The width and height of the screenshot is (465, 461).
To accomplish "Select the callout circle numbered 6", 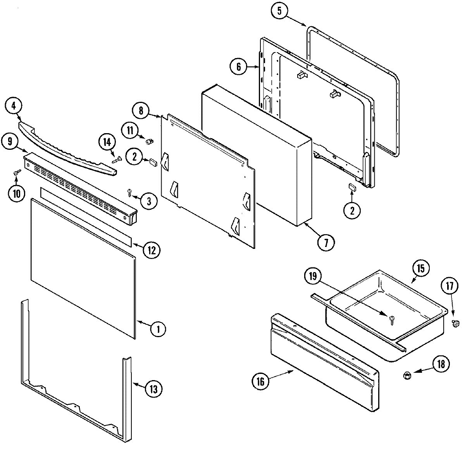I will point(238,67).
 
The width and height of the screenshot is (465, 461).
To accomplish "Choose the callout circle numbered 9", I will point(10,142).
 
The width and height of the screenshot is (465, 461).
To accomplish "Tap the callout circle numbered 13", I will point(153,389).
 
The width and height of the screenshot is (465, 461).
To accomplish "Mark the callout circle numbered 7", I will point(325,243).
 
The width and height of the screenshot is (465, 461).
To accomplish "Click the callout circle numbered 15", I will point(421,268).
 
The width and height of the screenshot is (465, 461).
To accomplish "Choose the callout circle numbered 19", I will point(313,276).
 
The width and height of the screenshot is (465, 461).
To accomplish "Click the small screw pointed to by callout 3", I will point(130,192).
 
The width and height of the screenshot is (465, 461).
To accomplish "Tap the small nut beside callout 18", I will point(407,374).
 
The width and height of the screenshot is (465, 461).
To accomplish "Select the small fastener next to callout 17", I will point(456,322).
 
